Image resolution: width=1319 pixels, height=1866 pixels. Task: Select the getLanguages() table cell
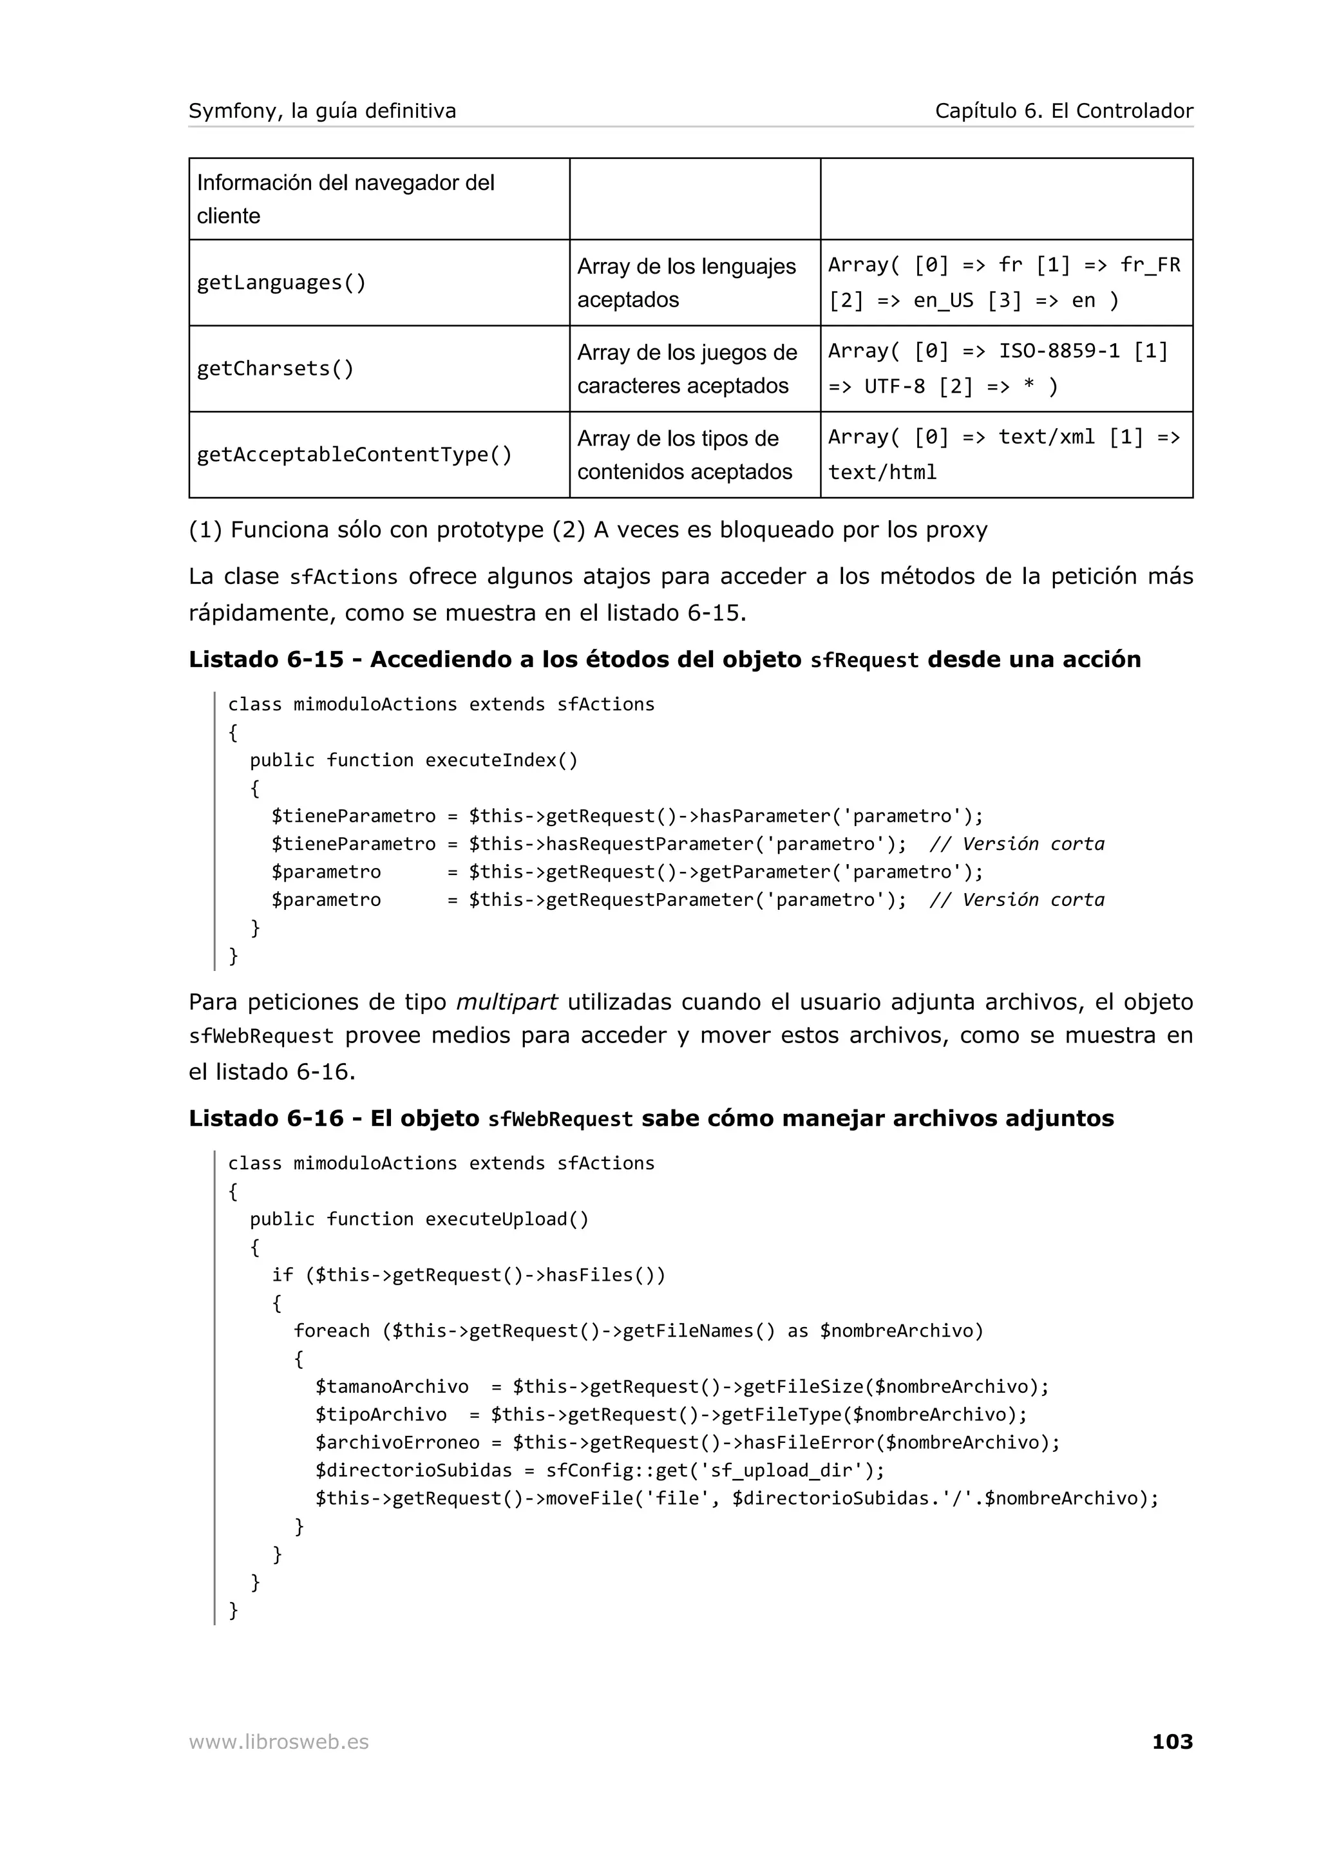pyautogui.click(x=281, y=283)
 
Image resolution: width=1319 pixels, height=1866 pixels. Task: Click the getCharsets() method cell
pyautogui.click(x=276, y=369)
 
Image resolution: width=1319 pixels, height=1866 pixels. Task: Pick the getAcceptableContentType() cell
pyautogui.click(x=354, y=455)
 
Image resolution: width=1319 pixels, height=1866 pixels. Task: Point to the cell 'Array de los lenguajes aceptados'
pyautogui.click(x=686, y=283)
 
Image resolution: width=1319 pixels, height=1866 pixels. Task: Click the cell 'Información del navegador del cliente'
pyautogui.click(x=345, y=199)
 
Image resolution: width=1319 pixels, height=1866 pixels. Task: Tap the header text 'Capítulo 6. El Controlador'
pyautogui.click(x=1064, y=111)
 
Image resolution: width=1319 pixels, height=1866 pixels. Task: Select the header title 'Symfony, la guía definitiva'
pyautogui.click(x=322, y=111)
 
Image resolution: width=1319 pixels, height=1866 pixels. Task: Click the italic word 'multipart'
pyautogui.click(x=506, y=1002)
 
